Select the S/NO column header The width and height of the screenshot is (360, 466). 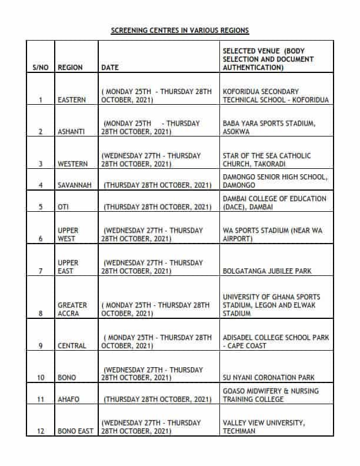40,68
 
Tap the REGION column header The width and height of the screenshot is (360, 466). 71,68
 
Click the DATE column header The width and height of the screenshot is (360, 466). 110,68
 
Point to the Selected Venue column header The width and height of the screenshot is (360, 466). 268,59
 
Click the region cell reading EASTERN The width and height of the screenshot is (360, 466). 72,100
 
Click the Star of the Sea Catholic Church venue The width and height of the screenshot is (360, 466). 267,159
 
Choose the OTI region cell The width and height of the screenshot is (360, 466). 64,207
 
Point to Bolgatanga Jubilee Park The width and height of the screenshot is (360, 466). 267,271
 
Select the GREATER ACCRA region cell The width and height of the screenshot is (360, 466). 72,309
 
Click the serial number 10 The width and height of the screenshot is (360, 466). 40,378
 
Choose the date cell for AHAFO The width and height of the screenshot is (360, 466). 157,400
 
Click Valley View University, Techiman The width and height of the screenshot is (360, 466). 263,427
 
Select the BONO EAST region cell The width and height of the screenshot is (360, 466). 75,431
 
